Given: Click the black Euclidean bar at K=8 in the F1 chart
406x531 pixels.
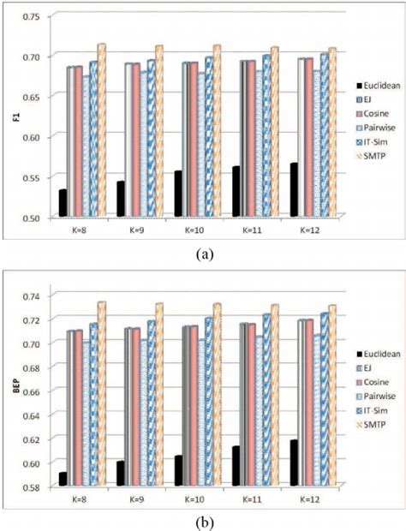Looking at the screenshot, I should [x=63, y=203].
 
